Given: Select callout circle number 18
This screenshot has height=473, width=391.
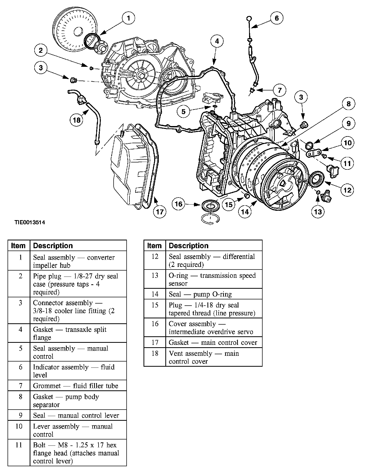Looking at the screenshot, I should tap(76, 120).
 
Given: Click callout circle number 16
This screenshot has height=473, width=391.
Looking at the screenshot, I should tap(179, 204).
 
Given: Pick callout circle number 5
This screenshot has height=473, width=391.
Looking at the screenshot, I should tap(184, 111).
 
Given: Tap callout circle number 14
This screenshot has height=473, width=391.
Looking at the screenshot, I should tap(245, 212).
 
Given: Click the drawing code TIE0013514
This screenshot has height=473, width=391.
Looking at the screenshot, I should tap(30, 222).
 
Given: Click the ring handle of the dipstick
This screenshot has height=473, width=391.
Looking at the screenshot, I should tap(249, 18).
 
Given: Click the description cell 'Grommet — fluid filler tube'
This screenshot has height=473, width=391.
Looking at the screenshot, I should tap(76, 386).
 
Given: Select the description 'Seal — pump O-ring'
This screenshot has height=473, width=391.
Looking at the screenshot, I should tap(200, 294).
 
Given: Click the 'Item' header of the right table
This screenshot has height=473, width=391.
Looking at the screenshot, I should tap(154, 246).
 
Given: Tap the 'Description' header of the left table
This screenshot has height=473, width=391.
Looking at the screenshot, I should tap(53, 246).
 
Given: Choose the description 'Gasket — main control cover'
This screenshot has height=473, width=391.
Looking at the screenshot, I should tap(213, 343).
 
